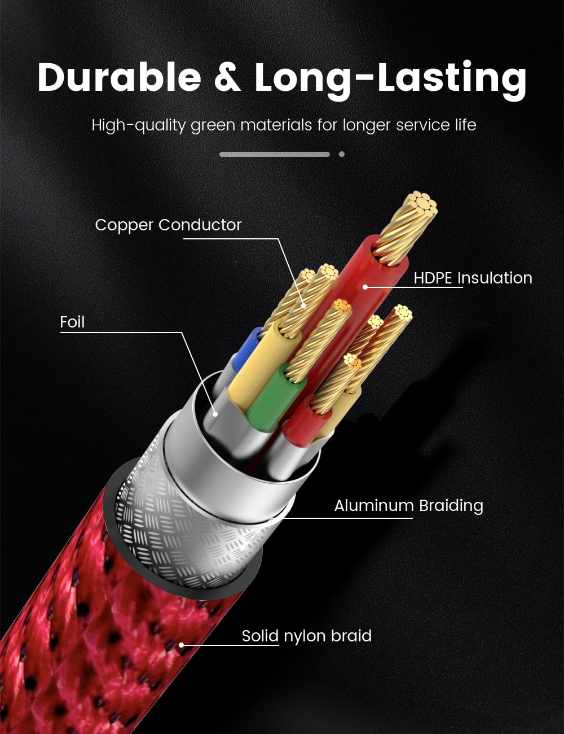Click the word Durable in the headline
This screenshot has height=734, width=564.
119,77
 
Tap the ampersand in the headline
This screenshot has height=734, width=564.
228,78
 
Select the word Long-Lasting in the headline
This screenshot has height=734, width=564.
390,80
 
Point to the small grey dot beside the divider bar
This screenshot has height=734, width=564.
342,154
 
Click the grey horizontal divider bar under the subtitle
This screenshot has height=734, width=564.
275,154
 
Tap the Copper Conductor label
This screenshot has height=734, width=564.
168,225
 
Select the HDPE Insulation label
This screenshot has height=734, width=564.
473,278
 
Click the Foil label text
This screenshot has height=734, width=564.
72,322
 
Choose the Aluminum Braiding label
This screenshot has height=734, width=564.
409,506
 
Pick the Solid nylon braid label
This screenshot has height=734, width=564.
307,636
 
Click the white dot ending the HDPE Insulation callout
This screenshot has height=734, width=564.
365,287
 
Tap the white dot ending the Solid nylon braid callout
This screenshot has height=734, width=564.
181,645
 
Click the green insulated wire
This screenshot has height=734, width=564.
275,399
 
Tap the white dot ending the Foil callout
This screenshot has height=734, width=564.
215,413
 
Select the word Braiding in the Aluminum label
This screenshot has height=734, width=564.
451,506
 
